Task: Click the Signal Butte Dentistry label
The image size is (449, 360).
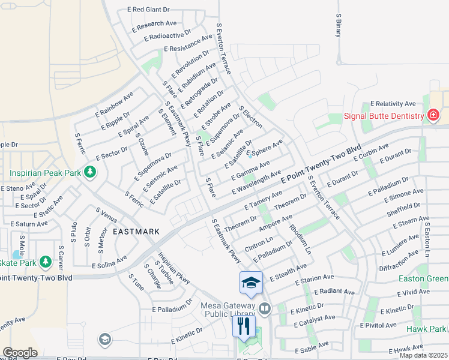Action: (x=384, y=116)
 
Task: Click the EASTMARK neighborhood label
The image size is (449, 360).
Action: (x=136, y=231)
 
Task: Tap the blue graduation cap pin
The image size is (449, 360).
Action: (x=251, y=283)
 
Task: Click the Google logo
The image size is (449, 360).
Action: (x=20, y=353)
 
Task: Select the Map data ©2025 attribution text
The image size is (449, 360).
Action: (x=423, y=355)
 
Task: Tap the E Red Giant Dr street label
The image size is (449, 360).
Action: (x=149, y=10)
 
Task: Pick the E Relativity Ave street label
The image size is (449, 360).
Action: (x=393, y=104)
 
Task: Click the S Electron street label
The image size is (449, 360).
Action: (x=250, y=117)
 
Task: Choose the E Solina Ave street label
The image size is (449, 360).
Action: (x=109, y=262)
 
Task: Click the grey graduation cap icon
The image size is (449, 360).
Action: (x=105, y=340)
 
